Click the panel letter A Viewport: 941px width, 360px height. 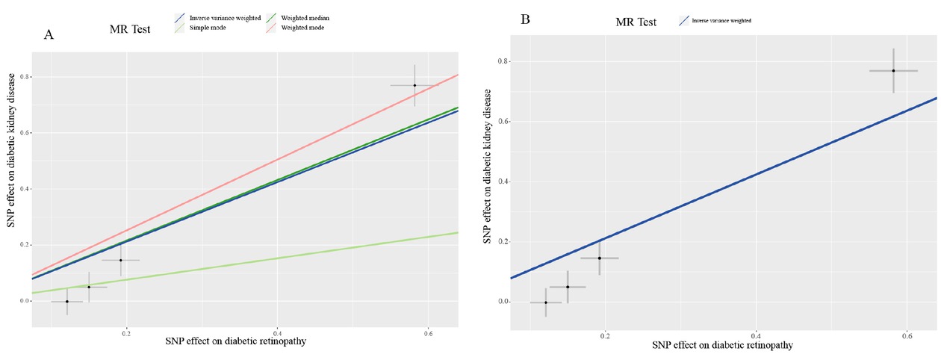(x=49, y=34)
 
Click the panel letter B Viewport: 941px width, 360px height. (x=525, y=19)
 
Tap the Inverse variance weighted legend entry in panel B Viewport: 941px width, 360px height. (x=715, y=21)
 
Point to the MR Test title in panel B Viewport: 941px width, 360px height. (x=636, y=22)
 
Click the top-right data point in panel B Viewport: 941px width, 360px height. (x=893, y=70)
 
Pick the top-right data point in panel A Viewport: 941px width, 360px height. (x=414, y=85)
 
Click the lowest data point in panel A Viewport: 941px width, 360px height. (x=66, y=301)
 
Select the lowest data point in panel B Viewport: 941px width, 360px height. (x=546, y=302)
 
